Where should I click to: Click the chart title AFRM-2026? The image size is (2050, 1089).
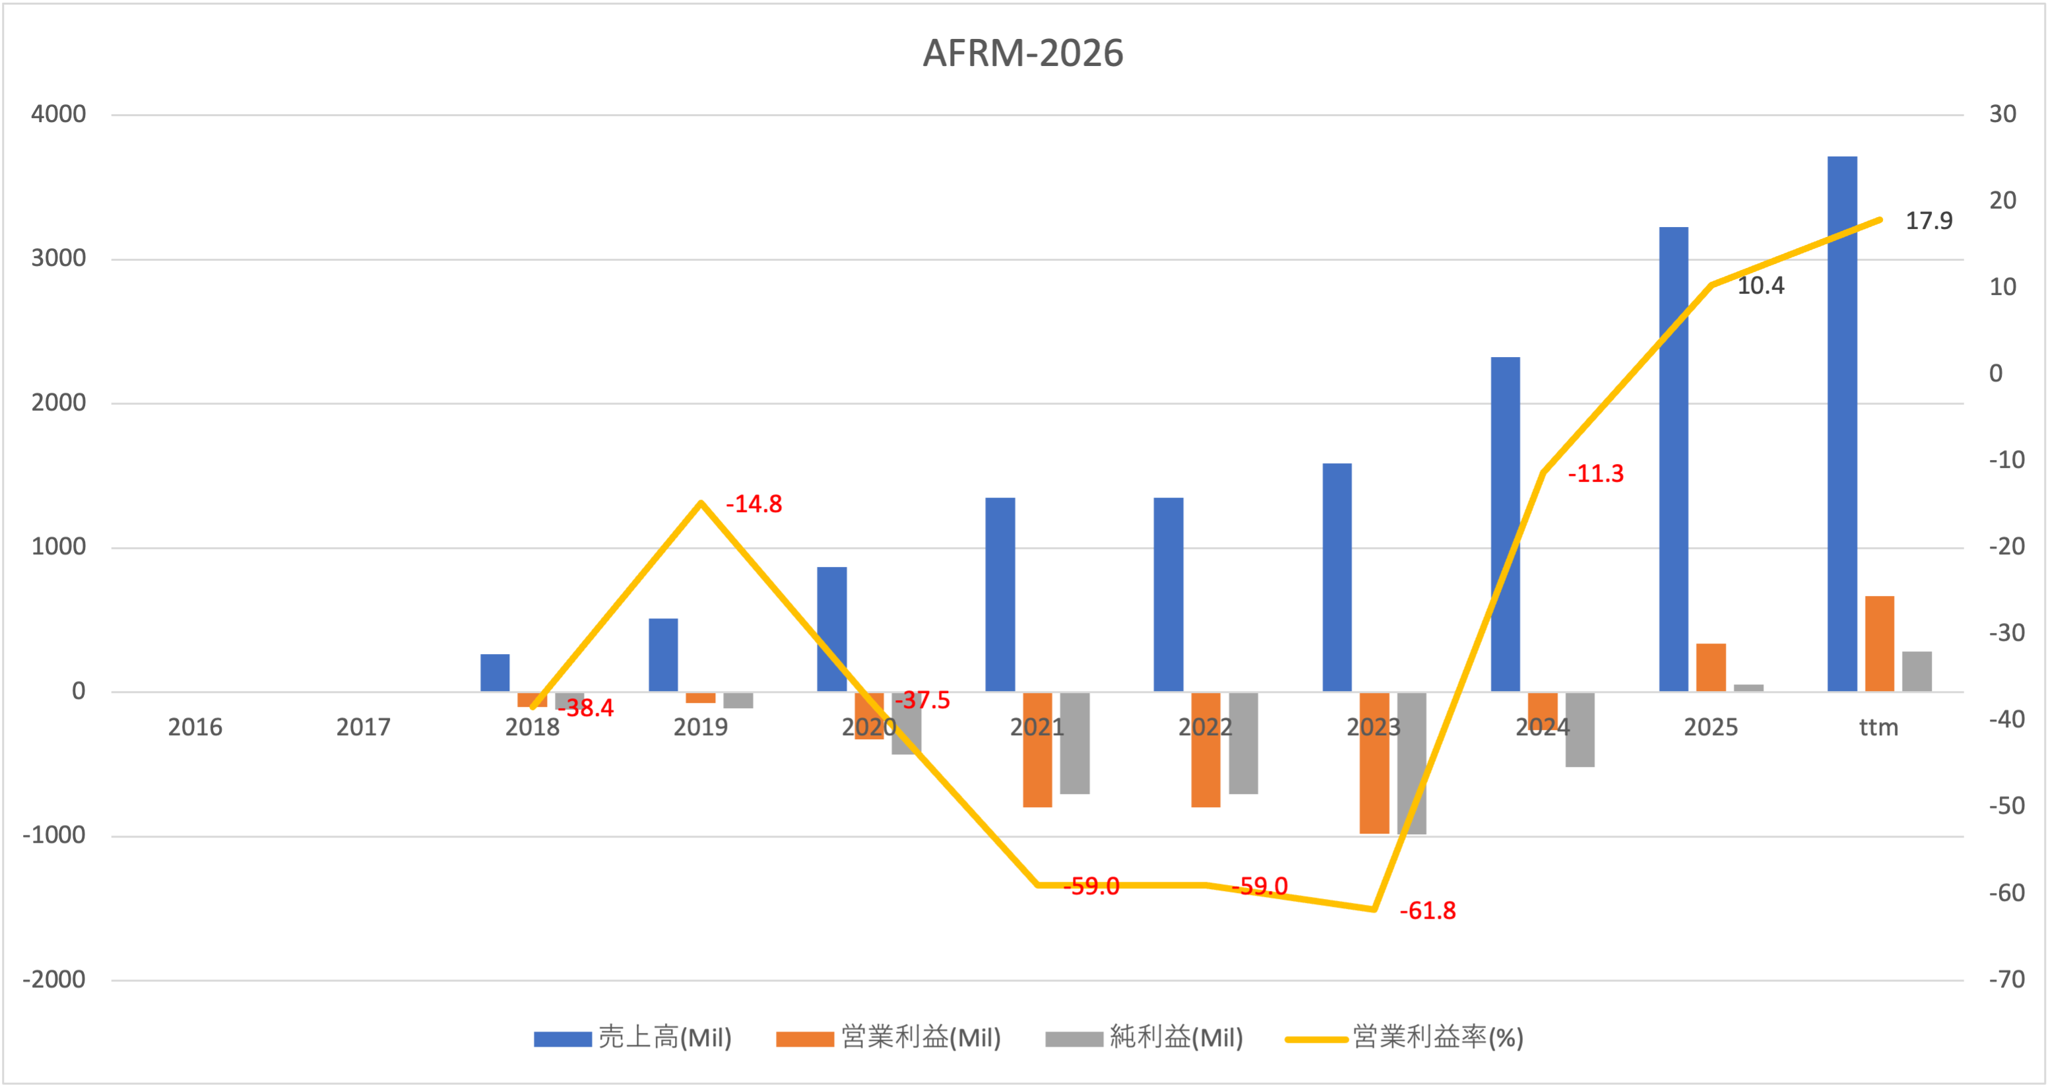(x=1023, y=53)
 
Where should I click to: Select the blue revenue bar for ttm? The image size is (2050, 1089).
(x=1842, y=422)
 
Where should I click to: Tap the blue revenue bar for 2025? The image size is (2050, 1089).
(x=1673, y=458)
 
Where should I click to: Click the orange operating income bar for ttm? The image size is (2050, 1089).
(x=1879, y=643)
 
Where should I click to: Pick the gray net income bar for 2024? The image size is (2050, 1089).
(x=1580, y=729)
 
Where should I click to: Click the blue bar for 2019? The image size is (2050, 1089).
(x=663, y=654)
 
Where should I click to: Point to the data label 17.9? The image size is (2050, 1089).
(x=1928, y=220)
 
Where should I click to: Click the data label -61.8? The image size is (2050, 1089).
(x=1428, y=911)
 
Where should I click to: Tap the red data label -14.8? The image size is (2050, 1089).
(x=753, y=504)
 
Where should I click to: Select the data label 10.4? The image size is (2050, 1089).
(x=1760, y=286)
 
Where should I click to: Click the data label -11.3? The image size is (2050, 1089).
(x=1595, y=474)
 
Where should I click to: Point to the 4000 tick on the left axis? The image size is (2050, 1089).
(x=59, y=114)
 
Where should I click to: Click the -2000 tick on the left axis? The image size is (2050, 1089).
(x=54, y=979)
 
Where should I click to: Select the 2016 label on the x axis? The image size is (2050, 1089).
(x=195, y=727)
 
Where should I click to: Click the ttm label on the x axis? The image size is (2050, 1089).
(x=1878, y=727)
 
